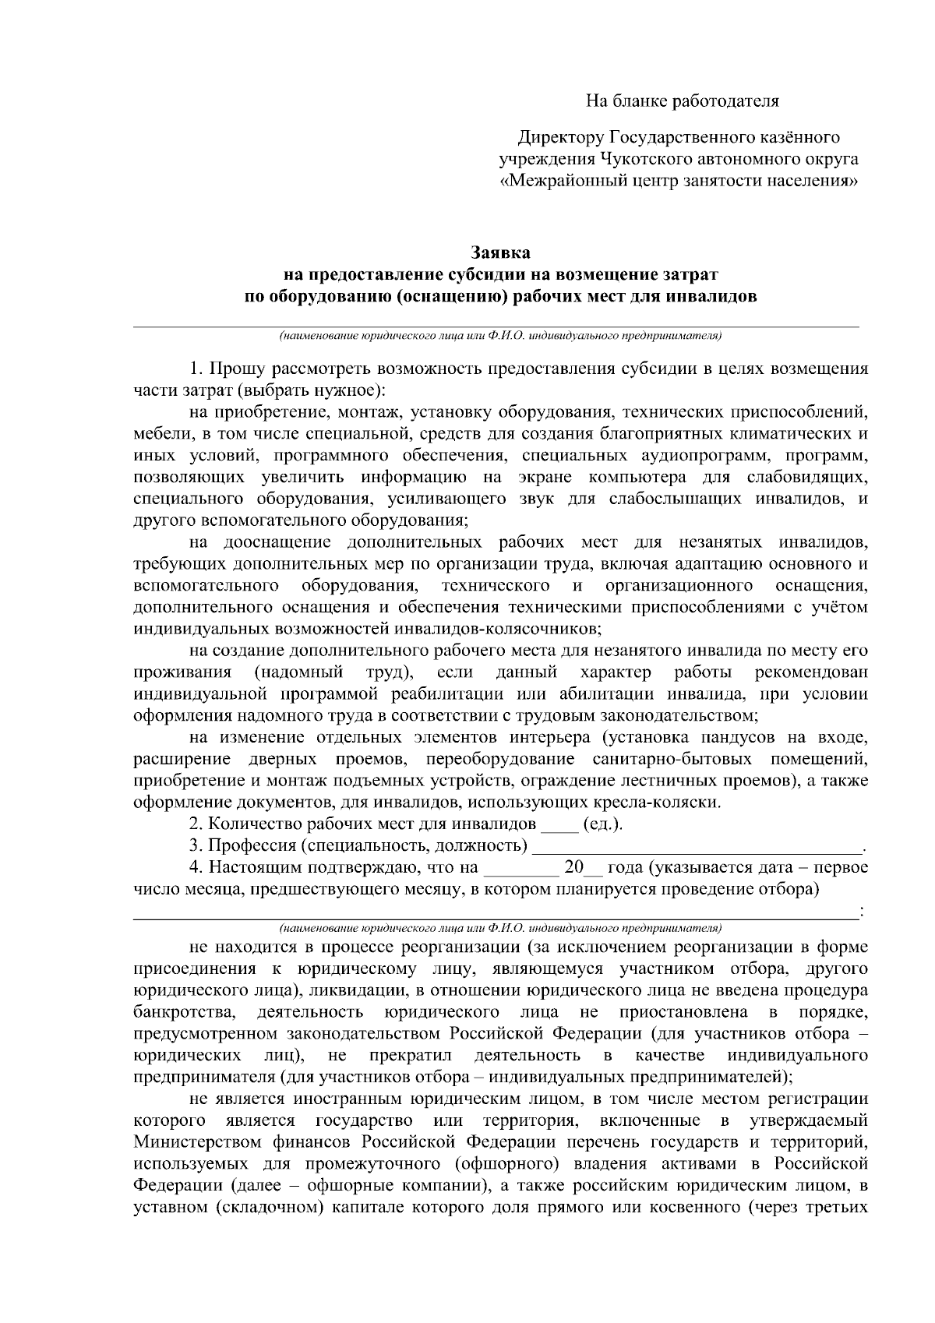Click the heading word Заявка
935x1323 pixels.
500,253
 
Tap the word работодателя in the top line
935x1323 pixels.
727,101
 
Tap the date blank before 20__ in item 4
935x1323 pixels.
521,868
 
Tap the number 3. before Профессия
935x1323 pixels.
196,846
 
